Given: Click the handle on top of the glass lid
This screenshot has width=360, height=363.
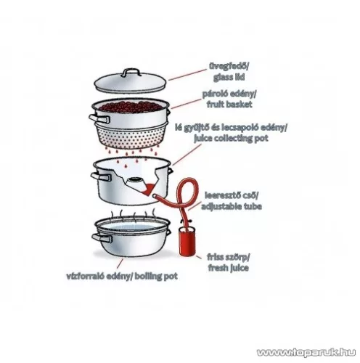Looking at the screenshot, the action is tap(131, 72).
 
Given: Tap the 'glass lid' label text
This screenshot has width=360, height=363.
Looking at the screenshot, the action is tap(229, 78).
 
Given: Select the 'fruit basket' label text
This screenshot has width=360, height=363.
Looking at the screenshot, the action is tap(229, 105).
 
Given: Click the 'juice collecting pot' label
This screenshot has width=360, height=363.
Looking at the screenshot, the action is tap(231, 139).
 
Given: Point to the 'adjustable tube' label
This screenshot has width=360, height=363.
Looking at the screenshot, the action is tap(232, 206).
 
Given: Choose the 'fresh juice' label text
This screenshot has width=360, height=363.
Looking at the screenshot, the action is tap(228, 268).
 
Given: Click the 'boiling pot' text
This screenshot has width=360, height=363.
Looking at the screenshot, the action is tap(156, 276).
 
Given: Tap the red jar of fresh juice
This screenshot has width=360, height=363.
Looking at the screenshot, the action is tap(187, 241).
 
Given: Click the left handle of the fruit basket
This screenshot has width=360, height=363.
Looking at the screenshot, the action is tap(99, 119).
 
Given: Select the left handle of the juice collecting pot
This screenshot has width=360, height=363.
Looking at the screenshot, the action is tap(101, 177).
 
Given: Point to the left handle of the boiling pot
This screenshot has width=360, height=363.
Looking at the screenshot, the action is tap(102, 238).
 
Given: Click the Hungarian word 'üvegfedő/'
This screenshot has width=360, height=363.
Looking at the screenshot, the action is tap(229, 66).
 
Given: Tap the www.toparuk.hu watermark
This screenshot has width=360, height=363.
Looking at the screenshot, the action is tap(306, 352).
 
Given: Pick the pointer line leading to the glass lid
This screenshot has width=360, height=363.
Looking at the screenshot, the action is tap(187, 75).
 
